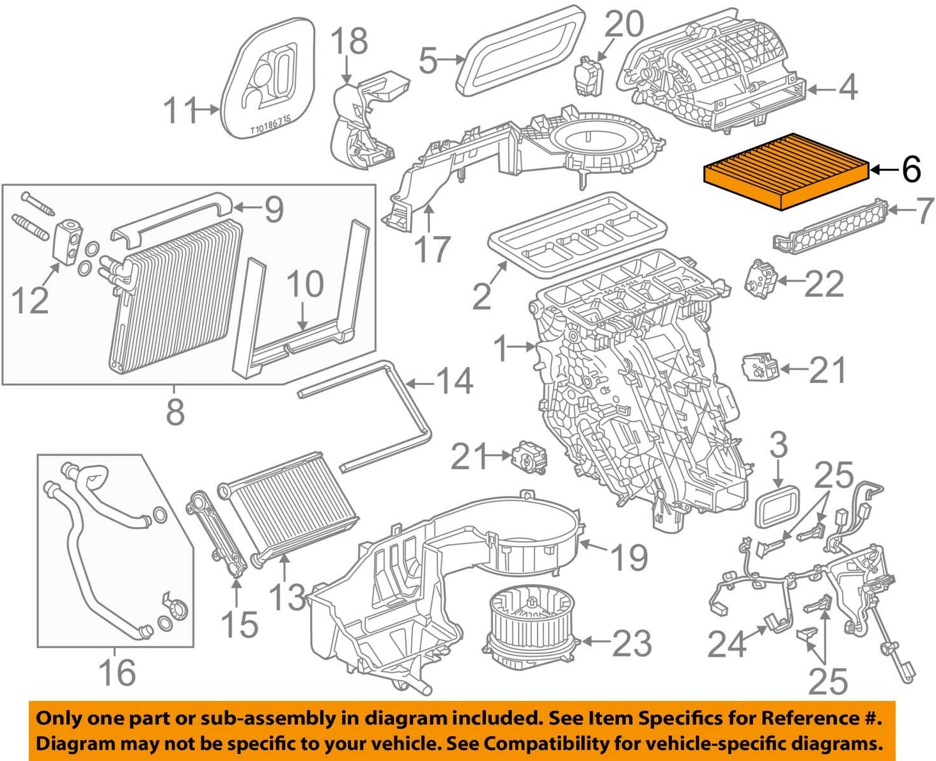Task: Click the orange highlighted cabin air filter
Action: click(x=786, y=171)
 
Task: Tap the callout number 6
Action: click(x=911, y=169)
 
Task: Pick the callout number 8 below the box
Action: click(x=175, y=411)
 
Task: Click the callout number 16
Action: click(x=117, y=672)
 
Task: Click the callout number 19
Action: click(x=630, y=557)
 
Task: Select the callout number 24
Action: click(x=727, y=644)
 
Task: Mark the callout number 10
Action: click(x=305, y=284)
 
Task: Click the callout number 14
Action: click(x=454, y=382)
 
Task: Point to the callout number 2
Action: click(x=481, y=295)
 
